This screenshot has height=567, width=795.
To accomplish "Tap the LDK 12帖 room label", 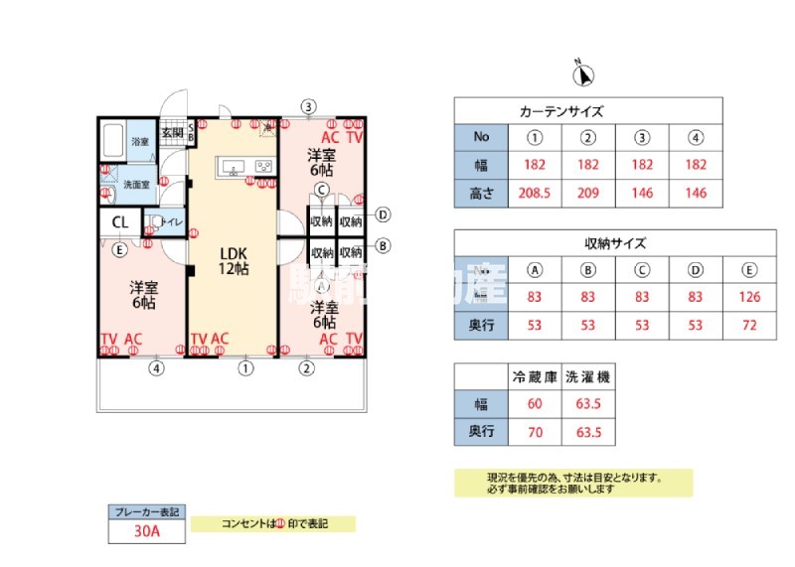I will (x=235, y=260).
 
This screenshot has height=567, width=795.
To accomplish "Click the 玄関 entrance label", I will (x=172, y=132).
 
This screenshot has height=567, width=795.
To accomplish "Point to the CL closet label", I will (x=119, y=222).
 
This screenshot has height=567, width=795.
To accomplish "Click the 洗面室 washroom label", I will (x=136, y=185).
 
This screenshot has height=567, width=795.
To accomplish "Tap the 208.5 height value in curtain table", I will (x=535, y=193).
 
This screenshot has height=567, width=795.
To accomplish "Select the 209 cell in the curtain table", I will (x=588, y=193).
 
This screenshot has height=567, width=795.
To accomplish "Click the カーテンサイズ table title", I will (x=561, y=111).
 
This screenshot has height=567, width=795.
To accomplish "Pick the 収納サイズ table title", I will (x=615, y=243).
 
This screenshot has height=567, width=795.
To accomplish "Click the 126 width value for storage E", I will (x=749, y=295).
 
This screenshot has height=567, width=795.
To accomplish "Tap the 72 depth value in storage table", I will (x=749, y=324).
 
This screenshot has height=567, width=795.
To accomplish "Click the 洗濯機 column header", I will (x=588, y=377).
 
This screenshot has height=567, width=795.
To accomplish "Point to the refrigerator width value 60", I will (x=535, y=404).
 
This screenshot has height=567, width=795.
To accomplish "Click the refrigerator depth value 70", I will (x=535, y=432).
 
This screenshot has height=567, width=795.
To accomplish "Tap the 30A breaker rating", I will (x=146, y=531).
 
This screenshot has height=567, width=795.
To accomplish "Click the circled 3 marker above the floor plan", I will (x=309, y=106).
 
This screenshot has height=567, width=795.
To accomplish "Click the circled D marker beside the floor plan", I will (x=383, y=213).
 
